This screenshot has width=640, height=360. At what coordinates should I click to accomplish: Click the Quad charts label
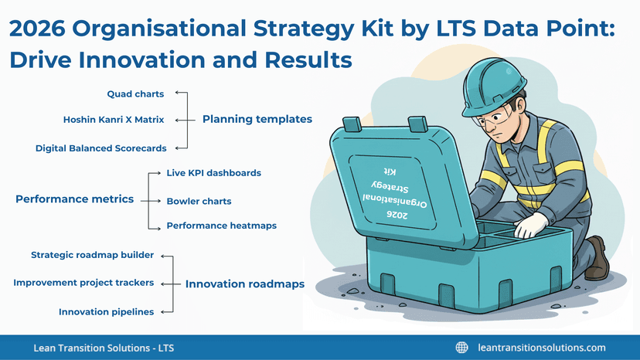click(x=135, y=94)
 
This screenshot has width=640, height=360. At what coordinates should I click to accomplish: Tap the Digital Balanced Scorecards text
click(x=100, y=148)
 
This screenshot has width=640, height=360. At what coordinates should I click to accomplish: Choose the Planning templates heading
click(x=257, y=120)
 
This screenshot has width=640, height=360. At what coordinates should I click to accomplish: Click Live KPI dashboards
click(x=214, y=173)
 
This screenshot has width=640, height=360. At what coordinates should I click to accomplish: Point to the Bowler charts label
click(x=199, y=202)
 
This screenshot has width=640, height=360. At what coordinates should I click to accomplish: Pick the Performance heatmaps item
click(x=221, y=226)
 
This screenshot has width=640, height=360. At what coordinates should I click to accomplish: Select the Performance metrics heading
click(x=74, y=199)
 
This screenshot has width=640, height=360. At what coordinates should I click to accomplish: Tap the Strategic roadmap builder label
click(x=92, y=255)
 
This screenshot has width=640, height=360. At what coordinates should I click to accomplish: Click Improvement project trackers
click(x=83, y=283)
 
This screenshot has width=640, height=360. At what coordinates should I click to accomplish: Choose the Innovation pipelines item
click(x=106, y=311)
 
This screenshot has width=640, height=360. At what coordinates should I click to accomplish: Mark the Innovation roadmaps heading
click(x=244, y=284)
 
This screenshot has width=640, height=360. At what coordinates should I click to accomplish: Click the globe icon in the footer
click(x=462, y=348)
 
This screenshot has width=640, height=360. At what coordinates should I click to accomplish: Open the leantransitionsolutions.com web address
click(x=542, y=348)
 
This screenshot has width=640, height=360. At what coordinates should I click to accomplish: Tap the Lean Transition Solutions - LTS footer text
click(x=104, y=348)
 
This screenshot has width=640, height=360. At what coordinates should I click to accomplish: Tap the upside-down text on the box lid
click(x=386, y=190)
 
